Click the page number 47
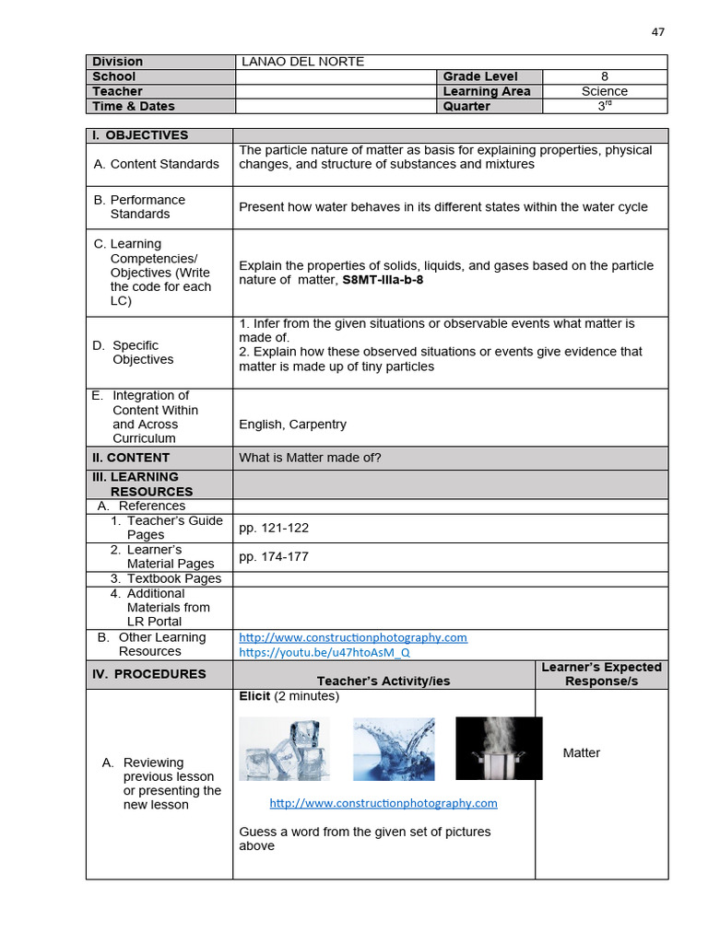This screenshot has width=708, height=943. (657, 31)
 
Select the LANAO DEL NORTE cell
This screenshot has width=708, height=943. (302, 62)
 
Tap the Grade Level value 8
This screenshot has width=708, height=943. (604, 76)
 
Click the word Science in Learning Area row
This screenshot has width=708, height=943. (604, 91)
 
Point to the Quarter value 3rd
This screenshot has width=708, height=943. (604, 106)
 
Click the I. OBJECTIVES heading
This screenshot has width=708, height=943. (140, 135)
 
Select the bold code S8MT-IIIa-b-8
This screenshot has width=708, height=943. (383, 280)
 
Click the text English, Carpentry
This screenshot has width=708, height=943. (292, 425)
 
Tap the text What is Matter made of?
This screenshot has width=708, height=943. (310, 458)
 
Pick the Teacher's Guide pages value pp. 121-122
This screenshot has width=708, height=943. (274, 528)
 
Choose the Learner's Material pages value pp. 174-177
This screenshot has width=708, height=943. (274, 557)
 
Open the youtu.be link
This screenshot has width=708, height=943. (324, 652)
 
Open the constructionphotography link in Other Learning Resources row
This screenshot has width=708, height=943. (353, 637)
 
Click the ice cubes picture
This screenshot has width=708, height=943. (284, 749)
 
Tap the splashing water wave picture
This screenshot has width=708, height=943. (394, 749)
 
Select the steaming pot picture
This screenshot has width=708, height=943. (499, 748)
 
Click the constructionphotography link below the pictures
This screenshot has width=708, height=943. (383, 803)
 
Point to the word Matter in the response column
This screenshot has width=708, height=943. (581, 753)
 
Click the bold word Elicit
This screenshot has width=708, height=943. (254, 696)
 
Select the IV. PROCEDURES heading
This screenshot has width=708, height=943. (149, 674)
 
